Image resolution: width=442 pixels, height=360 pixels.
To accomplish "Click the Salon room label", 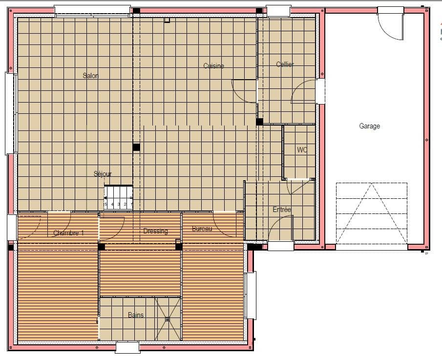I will coord(90,76).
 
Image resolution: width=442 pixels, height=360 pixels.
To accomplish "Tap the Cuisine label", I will coord(213,66).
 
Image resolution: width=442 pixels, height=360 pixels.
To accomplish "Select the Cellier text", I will coord(285,64).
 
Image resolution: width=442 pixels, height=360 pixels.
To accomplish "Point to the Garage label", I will coord(369,126).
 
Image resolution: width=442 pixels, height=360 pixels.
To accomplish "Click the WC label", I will coord(302,150).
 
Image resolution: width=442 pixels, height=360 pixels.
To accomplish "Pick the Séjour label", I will coord(103,174).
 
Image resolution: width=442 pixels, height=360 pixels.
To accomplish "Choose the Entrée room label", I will coord(282,210).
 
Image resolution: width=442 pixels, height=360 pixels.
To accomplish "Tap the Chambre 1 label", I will coord(68,233).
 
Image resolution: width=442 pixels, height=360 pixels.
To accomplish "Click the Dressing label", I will coord(155,231).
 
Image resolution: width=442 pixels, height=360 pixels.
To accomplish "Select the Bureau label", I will coord(202,229).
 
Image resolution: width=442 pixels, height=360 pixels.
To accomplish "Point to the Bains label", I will coord(136,315).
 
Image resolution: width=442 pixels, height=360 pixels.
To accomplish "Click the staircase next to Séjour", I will coord(118,198).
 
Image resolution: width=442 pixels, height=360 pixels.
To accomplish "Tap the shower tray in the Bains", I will coord(168,319).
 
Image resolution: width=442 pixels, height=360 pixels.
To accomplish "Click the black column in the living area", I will coord(136,147).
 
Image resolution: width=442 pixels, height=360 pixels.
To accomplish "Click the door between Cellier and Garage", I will coord(320,91).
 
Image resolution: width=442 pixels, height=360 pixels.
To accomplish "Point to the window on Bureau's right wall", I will coord(250,296).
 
